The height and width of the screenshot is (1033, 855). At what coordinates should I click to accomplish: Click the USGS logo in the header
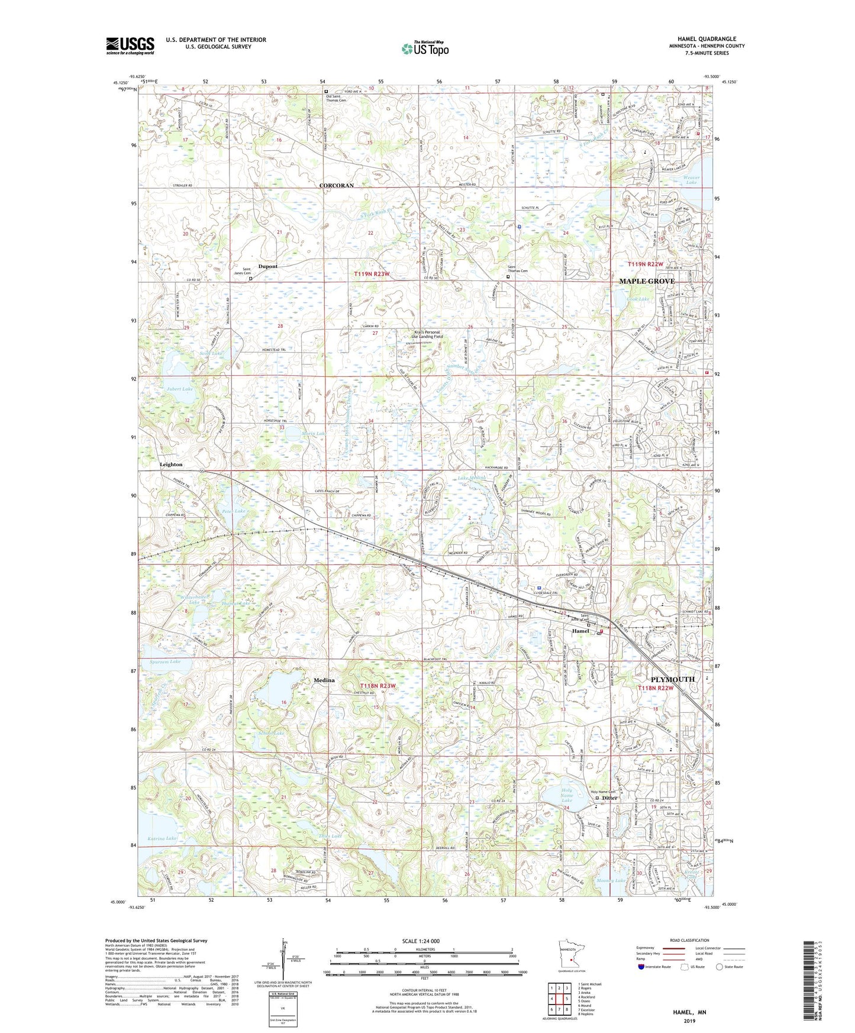(130, 45)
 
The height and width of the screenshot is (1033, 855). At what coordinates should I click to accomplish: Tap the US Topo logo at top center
(425, 49)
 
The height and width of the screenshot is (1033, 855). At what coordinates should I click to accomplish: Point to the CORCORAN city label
(336, 185)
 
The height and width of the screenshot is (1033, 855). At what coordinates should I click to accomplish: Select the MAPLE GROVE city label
(647, 281)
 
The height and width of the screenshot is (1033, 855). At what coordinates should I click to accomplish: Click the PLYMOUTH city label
(673, 679)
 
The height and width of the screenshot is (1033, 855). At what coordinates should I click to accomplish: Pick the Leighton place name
(171, 464)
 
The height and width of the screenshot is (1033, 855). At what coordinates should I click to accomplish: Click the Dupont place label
(267, 266)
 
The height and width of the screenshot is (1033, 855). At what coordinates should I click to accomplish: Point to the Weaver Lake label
(691, 180)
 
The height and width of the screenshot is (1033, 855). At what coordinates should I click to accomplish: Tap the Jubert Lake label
(179, 389)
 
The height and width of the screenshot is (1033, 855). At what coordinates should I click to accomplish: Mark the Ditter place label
(610, 798)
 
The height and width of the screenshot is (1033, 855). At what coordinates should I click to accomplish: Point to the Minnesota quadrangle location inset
(571, 955)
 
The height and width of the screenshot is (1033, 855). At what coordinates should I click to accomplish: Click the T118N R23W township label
(377, 686)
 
